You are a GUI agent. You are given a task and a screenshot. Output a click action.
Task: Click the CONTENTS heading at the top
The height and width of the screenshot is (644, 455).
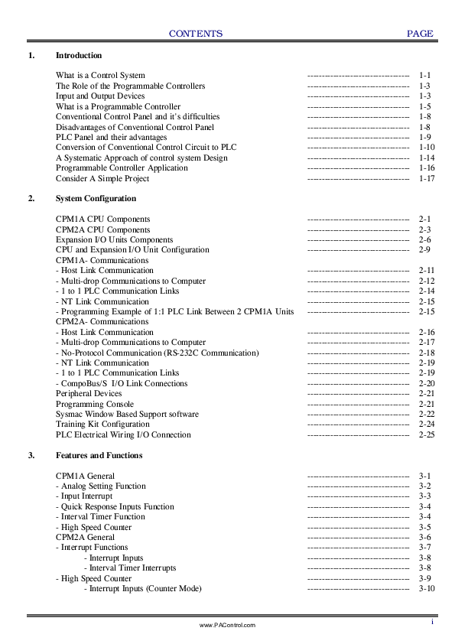196,34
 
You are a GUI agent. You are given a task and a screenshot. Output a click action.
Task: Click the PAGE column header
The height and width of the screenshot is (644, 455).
420,34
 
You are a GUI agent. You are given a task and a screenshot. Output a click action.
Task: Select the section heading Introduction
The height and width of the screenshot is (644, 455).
79,56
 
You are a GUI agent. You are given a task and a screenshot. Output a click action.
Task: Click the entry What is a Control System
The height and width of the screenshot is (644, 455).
100,76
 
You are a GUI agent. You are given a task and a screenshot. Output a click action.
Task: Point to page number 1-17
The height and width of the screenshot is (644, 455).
427,178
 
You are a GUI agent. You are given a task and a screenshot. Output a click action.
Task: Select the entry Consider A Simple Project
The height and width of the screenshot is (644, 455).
102,178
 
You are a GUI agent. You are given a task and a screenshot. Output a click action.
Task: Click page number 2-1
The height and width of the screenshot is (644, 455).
425,220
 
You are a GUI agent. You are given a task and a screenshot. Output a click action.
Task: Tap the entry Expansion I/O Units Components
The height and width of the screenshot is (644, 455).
114,240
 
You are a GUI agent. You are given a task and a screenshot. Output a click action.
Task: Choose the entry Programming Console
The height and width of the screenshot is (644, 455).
95,404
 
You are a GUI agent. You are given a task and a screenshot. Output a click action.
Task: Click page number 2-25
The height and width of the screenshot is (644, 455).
427,434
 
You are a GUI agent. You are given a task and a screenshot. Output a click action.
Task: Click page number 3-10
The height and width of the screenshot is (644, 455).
427,589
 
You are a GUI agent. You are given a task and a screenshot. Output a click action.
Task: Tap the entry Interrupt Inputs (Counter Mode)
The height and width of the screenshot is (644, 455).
143,589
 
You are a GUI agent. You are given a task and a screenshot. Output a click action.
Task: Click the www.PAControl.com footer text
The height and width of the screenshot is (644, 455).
227,625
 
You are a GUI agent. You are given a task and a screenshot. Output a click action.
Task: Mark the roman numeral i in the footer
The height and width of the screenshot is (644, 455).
433,621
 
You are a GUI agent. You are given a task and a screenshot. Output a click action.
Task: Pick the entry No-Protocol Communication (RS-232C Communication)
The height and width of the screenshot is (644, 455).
158,353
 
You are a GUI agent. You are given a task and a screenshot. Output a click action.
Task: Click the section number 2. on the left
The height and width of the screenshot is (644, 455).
31,199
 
